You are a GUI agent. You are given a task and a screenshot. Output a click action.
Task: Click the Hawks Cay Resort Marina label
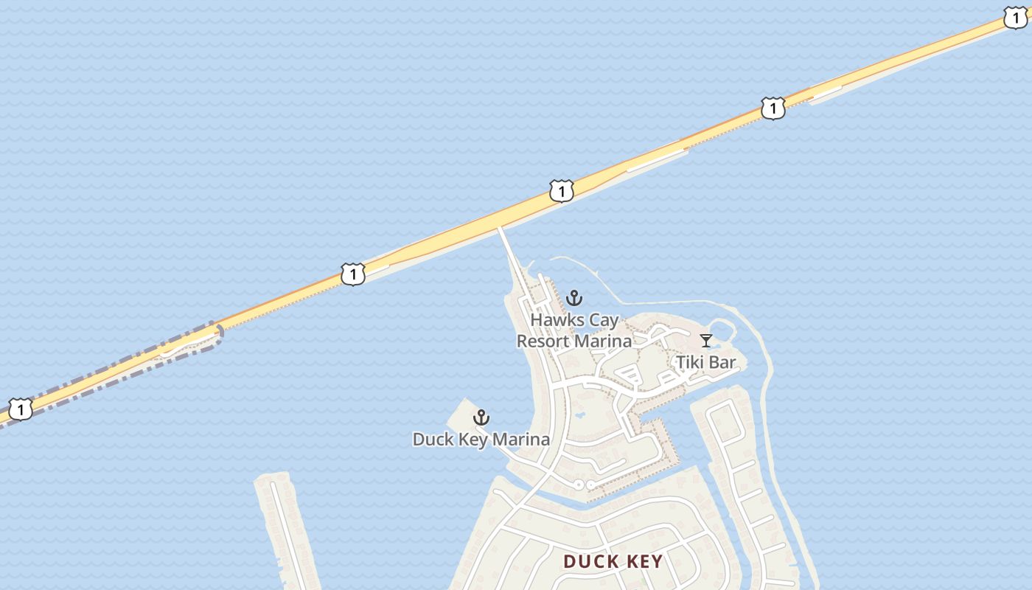(573, 330)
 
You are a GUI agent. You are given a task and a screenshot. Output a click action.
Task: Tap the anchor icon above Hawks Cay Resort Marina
(573, 298)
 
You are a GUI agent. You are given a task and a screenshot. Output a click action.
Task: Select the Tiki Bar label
(705, 362)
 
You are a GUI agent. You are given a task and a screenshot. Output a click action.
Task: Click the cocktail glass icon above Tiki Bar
(706, 341)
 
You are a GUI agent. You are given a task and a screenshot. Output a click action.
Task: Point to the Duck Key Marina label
(481, 440)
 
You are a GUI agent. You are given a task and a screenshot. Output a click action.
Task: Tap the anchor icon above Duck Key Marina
(481, 418)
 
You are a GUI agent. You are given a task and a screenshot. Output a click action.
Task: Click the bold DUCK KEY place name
(613, 561)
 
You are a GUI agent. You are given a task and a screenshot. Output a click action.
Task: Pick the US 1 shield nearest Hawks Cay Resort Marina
(561, 192)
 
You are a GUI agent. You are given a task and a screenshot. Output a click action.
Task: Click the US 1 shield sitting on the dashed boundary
(21, 409)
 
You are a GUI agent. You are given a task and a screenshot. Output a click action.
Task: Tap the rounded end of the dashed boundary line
(219, 333)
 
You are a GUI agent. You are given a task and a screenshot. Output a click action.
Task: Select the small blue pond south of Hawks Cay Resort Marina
(579, 414)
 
